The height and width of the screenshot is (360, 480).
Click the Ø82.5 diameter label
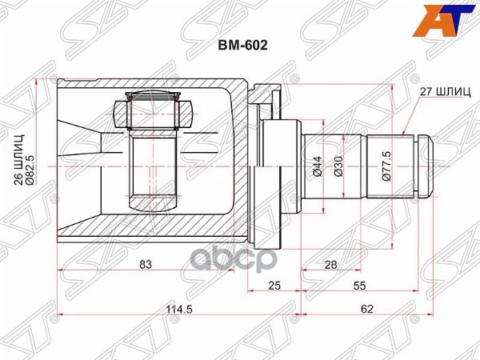[44, 164]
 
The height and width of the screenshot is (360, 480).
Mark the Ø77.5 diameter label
[386, 166]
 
